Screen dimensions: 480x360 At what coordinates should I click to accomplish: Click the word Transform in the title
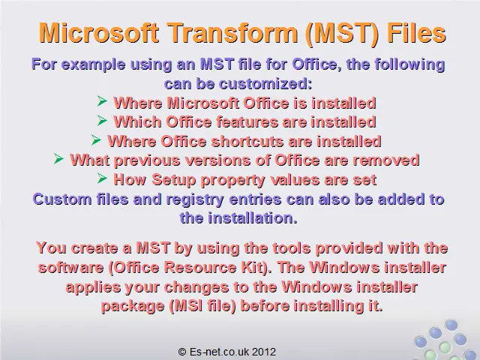[x=233, y=32]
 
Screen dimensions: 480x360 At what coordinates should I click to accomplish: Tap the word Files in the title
[x=416, y=32]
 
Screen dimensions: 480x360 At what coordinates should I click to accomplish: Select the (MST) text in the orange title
[x=342, y=33]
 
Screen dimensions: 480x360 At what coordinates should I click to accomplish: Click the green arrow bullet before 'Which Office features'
[x=102, y=120]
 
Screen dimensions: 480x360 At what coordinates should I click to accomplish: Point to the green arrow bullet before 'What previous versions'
[x=58, y=158]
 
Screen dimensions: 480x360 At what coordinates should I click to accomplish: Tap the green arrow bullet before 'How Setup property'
[x=102, y=178]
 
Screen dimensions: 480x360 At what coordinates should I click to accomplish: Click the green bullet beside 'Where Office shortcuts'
[x=96, y=140]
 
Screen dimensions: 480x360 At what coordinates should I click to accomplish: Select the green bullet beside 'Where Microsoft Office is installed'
[x=102, y=100]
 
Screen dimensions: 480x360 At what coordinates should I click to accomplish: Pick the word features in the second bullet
[x=247, y=122]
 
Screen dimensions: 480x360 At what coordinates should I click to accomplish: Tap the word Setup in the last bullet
[x=173, y=180]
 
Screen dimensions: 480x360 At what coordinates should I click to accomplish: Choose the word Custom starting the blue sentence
[x=62, y=199]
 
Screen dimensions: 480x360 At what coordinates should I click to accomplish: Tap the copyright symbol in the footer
[x=182, y=352]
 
